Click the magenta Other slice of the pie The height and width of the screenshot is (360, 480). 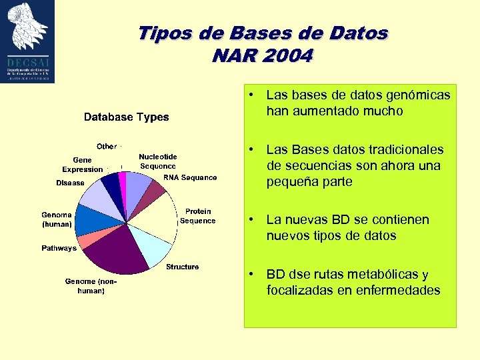[123, 183]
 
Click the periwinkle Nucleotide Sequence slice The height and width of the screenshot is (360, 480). [137, 185]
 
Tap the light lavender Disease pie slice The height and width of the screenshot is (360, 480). [97, 197]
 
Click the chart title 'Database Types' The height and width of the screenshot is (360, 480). [126, 117]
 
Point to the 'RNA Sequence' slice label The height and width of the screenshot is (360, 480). [190, 178]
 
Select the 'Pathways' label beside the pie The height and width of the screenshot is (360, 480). [59, 248]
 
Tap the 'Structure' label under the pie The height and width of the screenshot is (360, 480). [182, 267]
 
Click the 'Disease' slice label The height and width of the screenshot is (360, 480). [70, 183]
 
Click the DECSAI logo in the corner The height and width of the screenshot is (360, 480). [27, 41]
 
